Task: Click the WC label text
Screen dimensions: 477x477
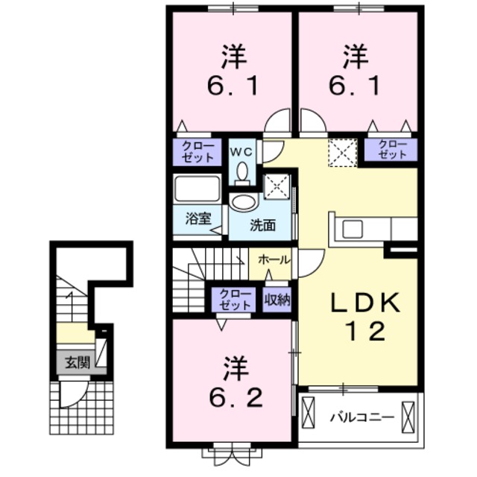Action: [241, 151]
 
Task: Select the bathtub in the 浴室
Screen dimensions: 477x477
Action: [198, 189]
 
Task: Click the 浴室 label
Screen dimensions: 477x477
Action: [198, 219]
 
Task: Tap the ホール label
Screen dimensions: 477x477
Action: [274, 259]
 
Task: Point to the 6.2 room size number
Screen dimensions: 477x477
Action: [233, 399]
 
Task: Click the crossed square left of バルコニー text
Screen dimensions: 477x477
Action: [309, 415]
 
